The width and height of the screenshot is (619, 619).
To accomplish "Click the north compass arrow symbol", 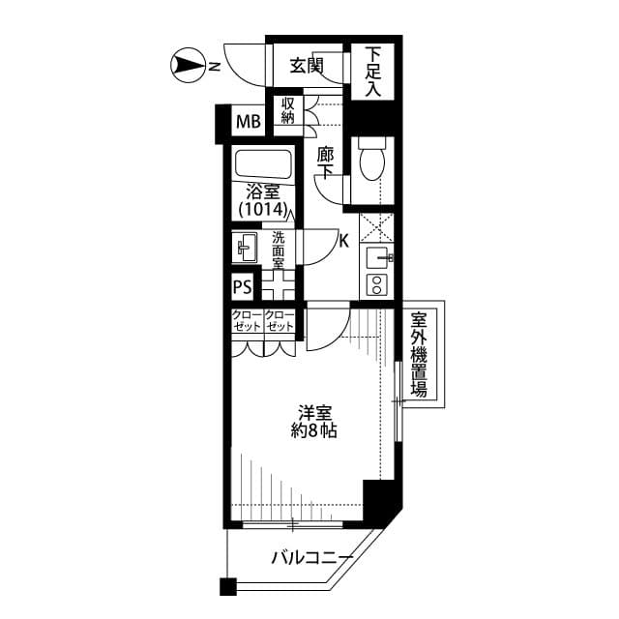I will pos(187,66).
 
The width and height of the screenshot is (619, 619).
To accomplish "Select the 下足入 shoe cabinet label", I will pos(373,71).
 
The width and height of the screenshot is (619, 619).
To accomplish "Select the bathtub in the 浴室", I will pos(263,163).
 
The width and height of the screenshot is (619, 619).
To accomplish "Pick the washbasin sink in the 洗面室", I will pos(245,250).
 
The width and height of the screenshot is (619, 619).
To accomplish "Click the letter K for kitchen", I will pos(343,242).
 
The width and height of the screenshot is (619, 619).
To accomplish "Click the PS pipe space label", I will pos(243,287).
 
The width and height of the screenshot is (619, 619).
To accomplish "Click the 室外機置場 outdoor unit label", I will pos(419,354).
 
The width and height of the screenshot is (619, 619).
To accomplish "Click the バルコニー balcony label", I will pos(309,557).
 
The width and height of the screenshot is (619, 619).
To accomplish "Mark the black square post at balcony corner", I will pos(227,586).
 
